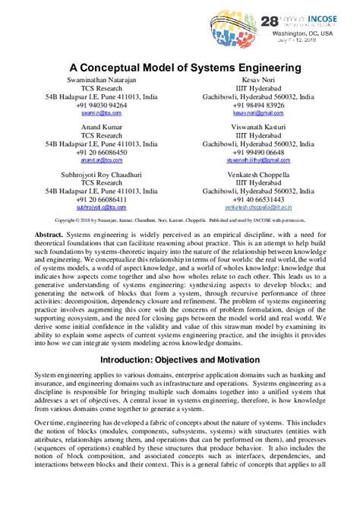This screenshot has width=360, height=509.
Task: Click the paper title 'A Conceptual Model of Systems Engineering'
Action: [x=181, y=68]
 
